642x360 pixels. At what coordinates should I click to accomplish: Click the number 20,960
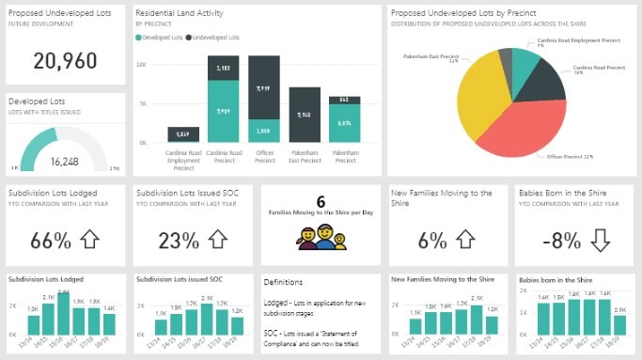pyautogui.click(x=64, y=61)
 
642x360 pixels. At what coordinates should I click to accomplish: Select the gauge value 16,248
pyautogui.click(x=64, y=162)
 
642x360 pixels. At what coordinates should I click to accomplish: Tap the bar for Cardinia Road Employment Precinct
pyautogui.click(x=183, y=134)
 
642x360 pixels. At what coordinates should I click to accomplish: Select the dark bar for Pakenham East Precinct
pyautogui.click(x=305, y=115)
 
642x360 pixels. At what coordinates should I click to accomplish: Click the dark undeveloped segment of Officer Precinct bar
pyautogui.click(x=264, y=87)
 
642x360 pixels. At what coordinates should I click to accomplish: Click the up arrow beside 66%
pyautogui.click(x=89, y=240)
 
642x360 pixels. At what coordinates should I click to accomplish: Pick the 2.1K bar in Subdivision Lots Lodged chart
pyautogui.click(x=63, y=314)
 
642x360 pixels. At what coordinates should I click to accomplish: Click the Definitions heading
pyautogui.click(x=284, y=282)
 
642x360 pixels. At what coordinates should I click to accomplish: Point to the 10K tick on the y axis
pyautogui.click(x=141, y=65)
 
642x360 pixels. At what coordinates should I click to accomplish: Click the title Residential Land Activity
pyautogui.click(x=186, y=13)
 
